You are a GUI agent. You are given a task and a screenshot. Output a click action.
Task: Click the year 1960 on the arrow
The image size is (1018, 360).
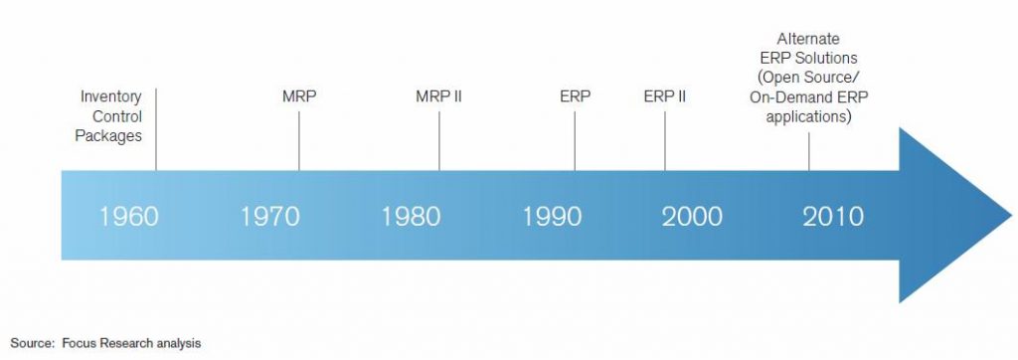[128, 217]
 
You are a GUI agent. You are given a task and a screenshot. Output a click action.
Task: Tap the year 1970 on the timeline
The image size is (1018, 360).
[270, 217]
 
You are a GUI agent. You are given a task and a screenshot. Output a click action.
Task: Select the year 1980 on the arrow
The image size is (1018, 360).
[411, 217]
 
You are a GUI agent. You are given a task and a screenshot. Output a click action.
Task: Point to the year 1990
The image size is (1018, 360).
[552, 217]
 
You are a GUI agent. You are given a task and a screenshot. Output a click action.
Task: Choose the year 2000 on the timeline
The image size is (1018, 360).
[692, 217]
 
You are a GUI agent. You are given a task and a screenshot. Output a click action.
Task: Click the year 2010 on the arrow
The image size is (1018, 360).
[833, 217]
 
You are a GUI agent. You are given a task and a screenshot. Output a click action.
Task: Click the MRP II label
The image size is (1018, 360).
[438, 96]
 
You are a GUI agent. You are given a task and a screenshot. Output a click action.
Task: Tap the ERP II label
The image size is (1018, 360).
[665, 96]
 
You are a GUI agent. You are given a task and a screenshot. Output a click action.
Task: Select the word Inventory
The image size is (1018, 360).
[111, 96]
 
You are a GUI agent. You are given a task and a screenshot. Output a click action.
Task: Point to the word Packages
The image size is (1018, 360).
[108, 136]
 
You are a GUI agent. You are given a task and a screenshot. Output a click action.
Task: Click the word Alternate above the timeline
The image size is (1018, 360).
[808, 39]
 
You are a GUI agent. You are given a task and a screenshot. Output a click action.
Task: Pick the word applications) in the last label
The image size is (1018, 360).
[808, 117]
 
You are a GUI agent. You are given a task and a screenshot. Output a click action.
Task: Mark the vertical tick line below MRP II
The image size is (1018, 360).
[438, 141]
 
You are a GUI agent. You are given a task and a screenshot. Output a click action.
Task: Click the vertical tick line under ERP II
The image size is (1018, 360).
[665, 141]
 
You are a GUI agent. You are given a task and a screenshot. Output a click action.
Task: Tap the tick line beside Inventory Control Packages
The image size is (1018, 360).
[156, 129]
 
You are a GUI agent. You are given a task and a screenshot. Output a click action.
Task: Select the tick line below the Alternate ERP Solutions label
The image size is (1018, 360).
[809, 152]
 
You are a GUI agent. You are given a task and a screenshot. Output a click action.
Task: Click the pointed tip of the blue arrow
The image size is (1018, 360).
[1011, 215]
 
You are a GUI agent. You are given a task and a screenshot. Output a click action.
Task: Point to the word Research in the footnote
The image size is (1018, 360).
[124, 343]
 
